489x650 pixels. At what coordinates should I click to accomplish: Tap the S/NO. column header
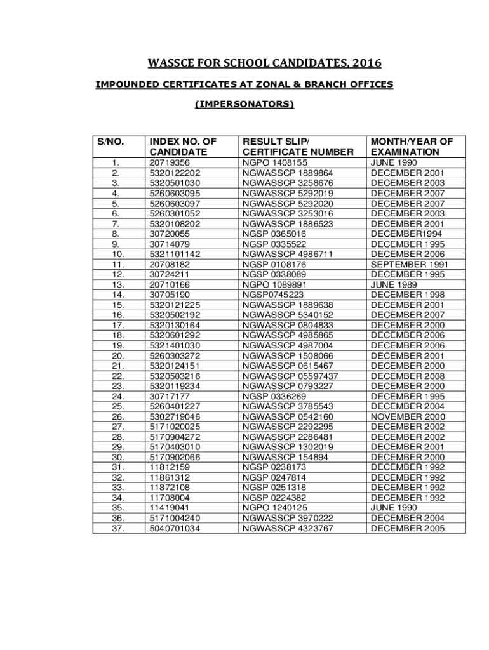[110, 142]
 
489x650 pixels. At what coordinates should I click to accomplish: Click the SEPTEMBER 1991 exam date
[410, 264]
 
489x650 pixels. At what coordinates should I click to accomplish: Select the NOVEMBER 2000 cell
[408, 416]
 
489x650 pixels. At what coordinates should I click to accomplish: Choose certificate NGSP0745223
[274, 295]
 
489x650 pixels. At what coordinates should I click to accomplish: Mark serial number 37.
[117, 528]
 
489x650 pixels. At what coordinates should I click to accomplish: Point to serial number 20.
[117, 355]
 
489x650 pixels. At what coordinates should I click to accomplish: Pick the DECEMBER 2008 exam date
[408, 376]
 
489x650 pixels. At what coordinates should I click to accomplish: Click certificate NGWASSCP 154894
[286, 457]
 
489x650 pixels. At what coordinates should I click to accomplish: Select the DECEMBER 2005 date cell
[408, 528]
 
